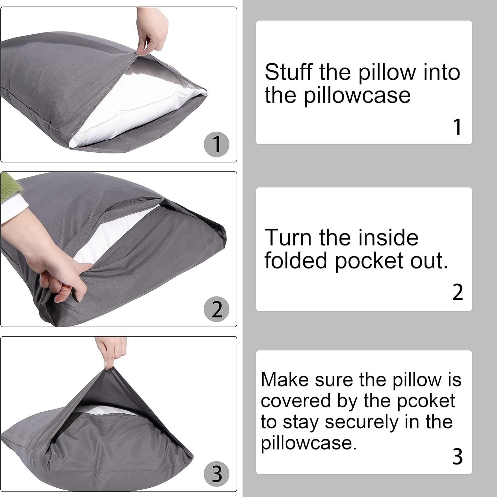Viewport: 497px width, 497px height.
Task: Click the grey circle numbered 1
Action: (217, 144)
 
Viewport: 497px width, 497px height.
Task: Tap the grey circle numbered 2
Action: (217, 309)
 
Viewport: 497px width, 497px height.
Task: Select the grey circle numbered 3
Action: (217, 474)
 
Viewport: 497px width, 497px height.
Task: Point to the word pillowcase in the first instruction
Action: (357, 95)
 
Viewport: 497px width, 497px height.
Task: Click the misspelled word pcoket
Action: (426, 401)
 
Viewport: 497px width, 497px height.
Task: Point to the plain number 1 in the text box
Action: (457, 127)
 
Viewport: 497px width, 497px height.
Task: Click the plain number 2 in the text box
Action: (457, 292)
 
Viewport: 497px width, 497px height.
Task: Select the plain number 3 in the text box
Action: (457, 457)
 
